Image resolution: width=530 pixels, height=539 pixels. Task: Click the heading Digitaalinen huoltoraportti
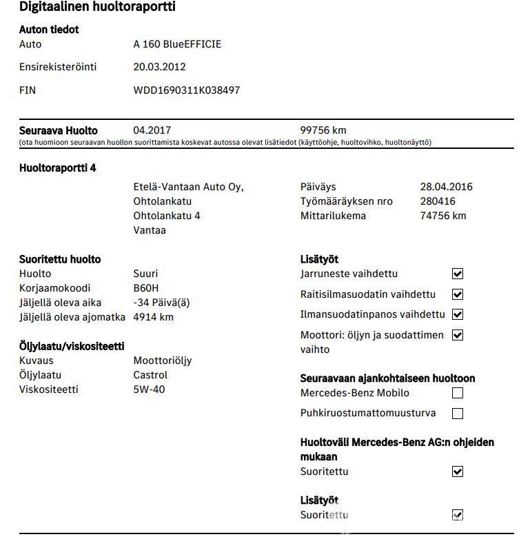97,8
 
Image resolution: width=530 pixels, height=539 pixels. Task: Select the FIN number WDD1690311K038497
187,90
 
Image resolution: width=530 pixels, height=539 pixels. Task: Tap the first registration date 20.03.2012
159,68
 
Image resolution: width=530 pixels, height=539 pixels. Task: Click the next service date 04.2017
152,130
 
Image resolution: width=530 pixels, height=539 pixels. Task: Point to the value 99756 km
323,130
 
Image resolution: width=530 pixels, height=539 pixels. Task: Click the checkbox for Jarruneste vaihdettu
457,274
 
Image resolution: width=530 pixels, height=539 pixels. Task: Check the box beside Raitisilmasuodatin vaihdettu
457,295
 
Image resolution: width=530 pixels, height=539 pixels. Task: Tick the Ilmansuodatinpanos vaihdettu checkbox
457,315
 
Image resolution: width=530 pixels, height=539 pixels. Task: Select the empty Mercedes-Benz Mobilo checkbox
457,394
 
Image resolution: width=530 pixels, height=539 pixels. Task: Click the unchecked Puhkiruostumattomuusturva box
457,414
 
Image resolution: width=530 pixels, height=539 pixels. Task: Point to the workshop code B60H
146,288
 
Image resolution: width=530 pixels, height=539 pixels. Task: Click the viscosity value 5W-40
149,389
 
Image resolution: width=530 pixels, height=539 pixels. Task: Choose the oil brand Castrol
150,375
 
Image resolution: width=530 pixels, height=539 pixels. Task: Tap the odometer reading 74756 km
443,216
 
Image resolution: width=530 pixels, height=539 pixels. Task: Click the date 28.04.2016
447,187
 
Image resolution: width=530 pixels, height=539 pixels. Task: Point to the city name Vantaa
150,230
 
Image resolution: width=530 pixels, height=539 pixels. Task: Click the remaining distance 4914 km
153,317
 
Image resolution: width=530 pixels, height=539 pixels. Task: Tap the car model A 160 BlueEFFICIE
177,45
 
